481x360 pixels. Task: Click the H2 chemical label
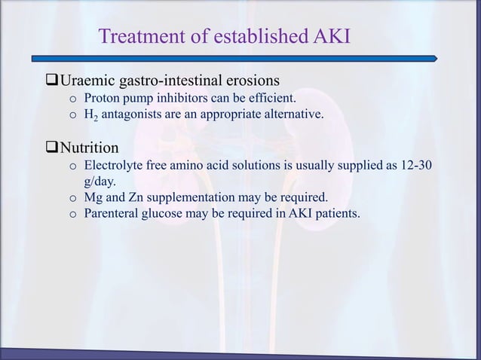92,115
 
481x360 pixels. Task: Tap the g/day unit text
99,181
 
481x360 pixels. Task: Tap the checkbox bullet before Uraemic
53,79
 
